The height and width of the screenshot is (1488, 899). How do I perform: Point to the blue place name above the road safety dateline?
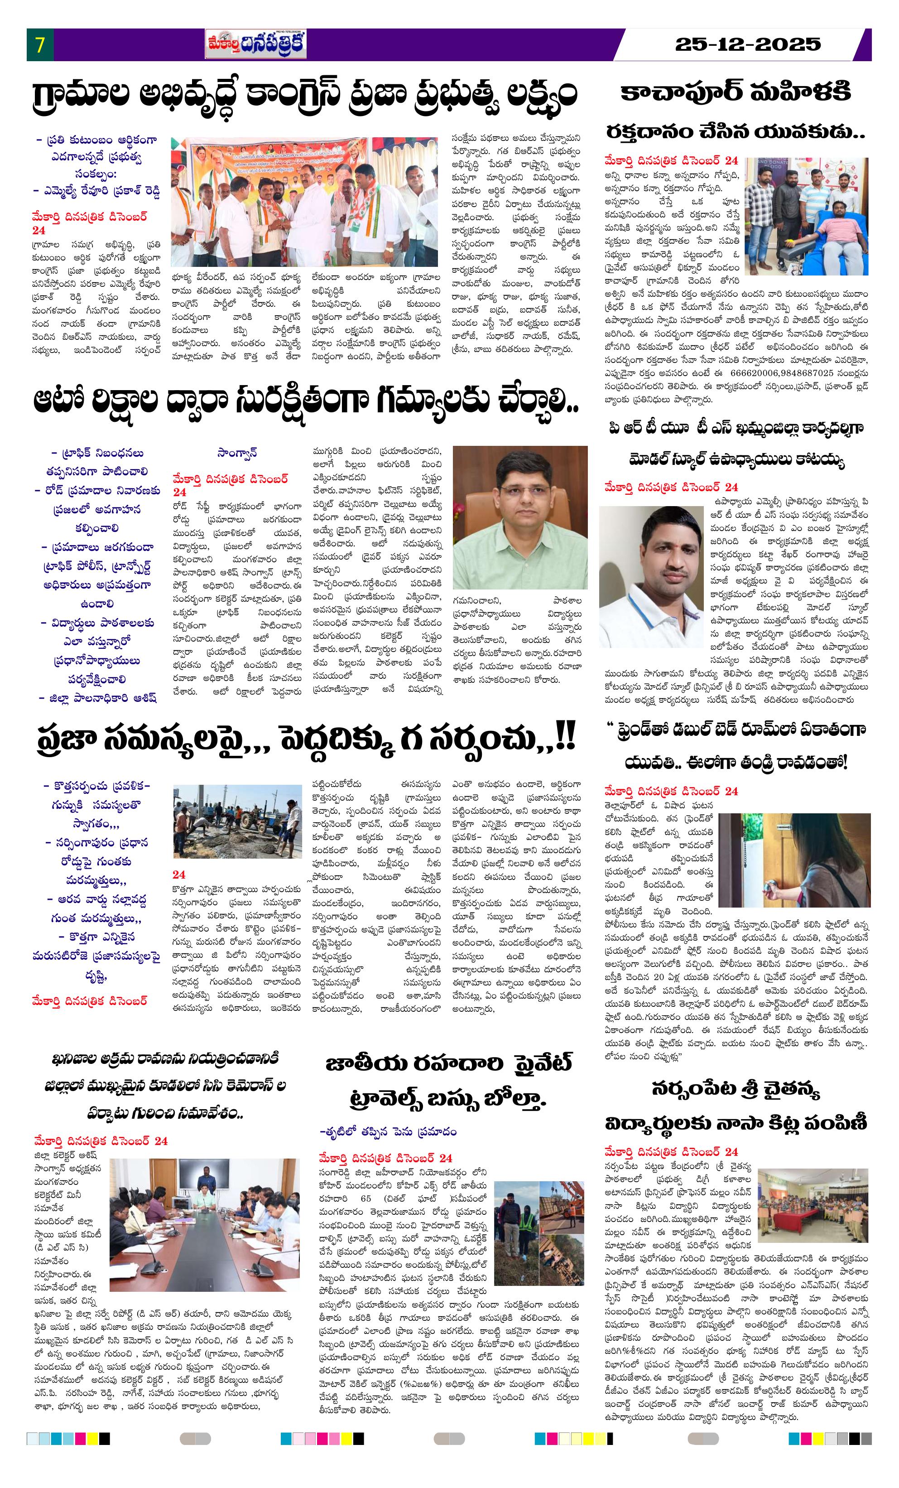(x=237, y=452)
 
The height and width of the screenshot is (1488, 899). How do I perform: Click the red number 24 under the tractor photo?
(x=179, y=874)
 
